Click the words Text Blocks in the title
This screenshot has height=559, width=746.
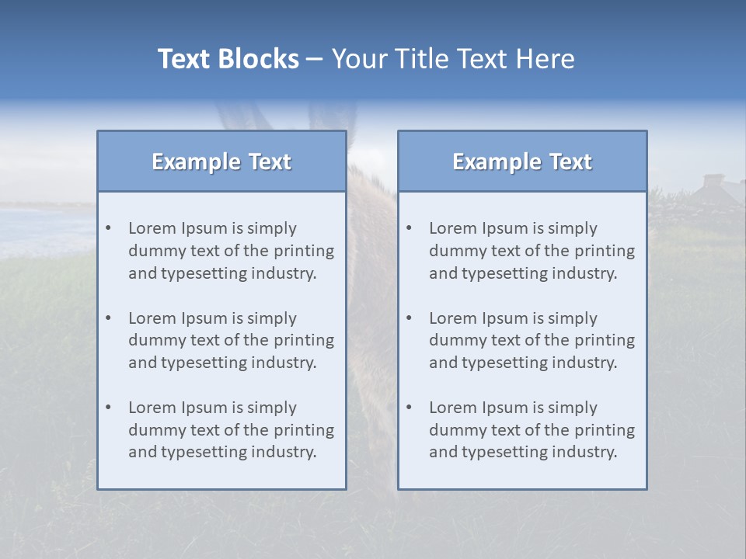228,59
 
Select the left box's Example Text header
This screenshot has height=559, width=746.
221,161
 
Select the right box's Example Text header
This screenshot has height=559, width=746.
522,161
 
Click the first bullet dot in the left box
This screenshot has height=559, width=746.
109,228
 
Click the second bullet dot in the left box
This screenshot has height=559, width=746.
109,318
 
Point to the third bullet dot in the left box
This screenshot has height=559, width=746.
109,408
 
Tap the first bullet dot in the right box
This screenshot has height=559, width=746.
410,228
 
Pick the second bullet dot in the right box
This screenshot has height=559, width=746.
410,318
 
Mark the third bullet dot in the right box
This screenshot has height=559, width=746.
410,408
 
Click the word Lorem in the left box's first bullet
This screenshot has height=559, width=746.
152,228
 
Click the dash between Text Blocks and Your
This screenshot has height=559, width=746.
315,60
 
